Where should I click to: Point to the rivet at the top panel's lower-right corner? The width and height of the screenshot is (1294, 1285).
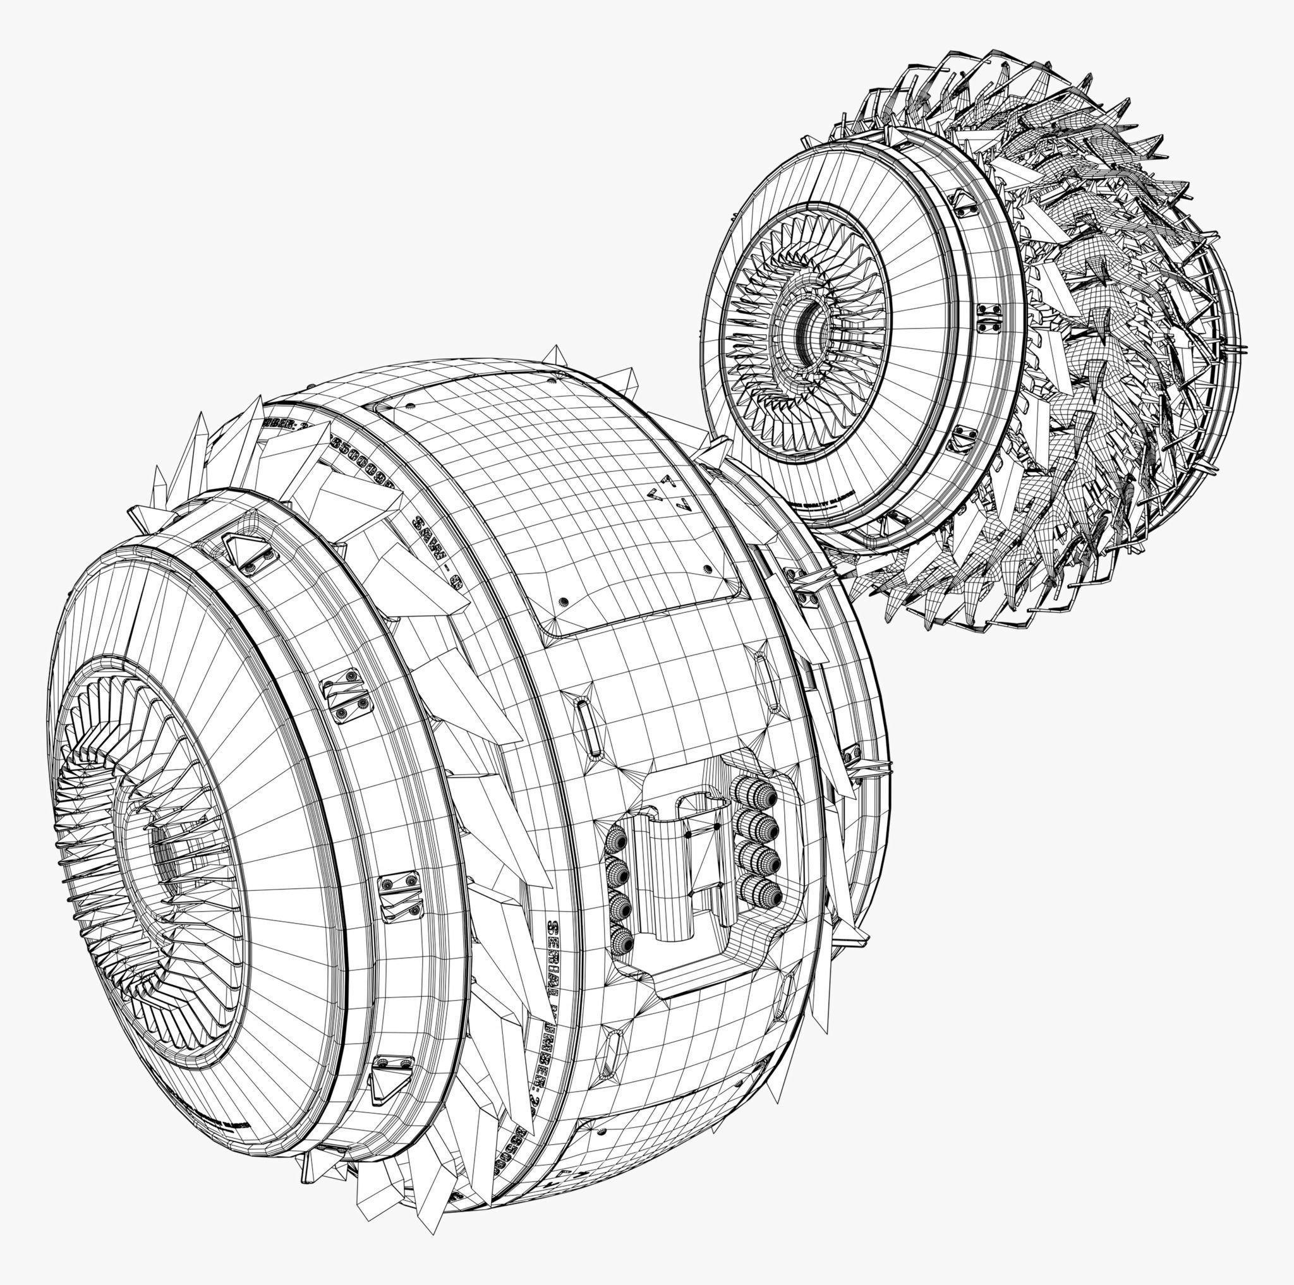[x=708, y=569]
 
